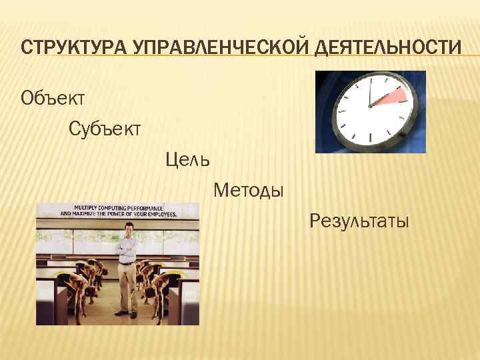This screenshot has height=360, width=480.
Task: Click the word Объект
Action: (53, 99)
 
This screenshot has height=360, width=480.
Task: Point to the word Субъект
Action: (105, 128)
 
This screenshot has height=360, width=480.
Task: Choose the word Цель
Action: (188, 159)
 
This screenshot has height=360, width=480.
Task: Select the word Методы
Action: (249, 191)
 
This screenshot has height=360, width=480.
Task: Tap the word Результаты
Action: (359, 221)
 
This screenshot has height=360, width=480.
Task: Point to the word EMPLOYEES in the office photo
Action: (160, 215)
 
